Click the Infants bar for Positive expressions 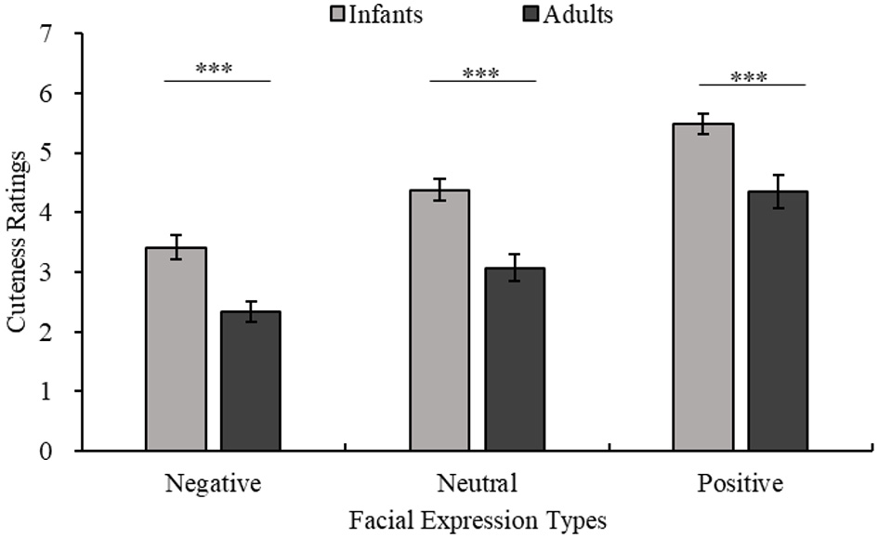[703, 287]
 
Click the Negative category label [213, 483]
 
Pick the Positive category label [740, 483]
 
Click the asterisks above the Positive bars [749, 76]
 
